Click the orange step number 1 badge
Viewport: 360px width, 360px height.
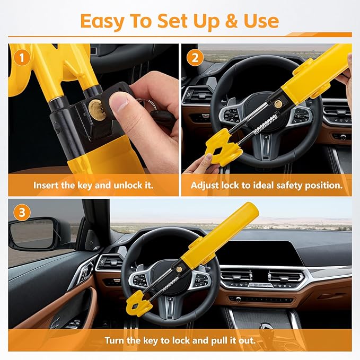[22, 58]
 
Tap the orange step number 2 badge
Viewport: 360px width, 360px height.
[195, 58]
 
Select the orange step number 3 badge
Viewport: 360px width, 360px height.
[22, 213]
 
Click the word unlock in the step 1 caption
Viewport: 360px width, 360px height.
[128, 185]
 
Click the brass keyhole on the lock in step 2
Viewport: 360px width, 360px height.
[278, 104]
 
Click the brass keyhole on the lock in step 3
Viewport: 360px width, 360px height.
[179, 269]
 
